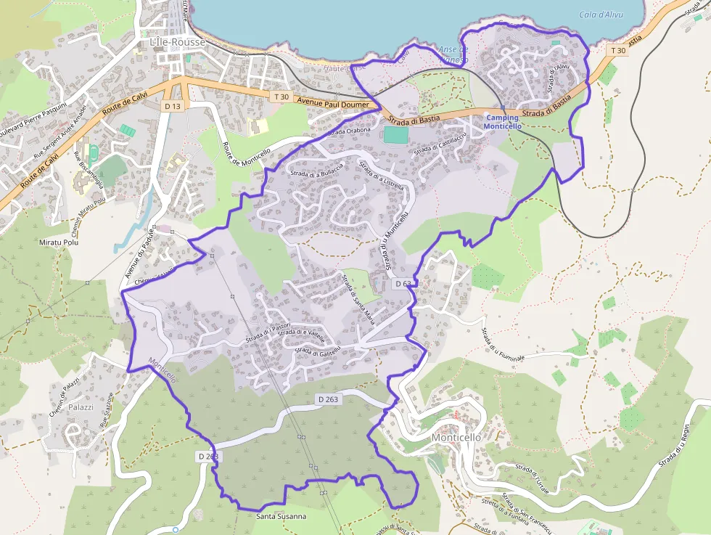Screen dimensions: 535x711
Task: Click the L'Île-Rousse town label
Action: coord(178,42)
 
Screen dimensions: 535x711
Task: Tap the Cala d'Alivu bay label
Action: coord(601,15)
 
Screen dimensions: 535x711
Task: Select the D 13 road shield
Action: coord(172,106)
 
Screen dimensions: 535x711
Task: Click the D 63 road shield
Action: coord(403,284)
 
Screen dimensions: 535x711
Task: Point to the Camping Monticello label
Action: coord(503,122)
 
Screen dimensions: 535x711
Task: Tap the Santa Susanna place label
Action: coord(281,516)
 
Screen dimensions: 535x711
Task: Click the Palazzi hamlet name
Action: coord(81,407)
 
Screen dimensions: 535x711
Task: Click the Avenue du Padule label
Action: coord(140,254)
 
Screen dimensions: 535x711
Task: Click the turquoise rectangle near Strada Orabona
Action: coord(395,134)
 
